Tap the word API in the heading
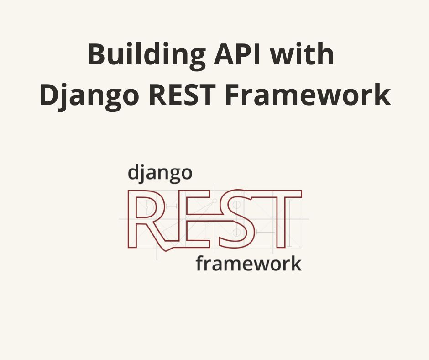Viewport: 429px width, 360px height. (237, 54)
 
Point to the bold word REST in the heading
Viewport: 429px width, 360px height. (182, 95)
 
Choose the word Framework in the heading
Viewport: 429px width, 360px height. (308, 94)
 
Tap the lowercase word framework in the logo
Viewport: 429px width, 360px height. (248, 263)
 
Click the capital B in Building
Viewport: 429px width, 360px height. (97, 54)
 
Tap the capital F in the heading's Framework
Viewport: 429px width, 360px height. (233, 95)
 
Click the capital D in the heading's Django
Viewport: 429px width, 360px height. (50, 95)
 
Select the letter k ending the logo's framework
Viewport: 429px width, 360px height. (296, 263)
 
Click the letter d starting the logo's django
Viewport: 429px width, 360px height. (133, 172)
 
